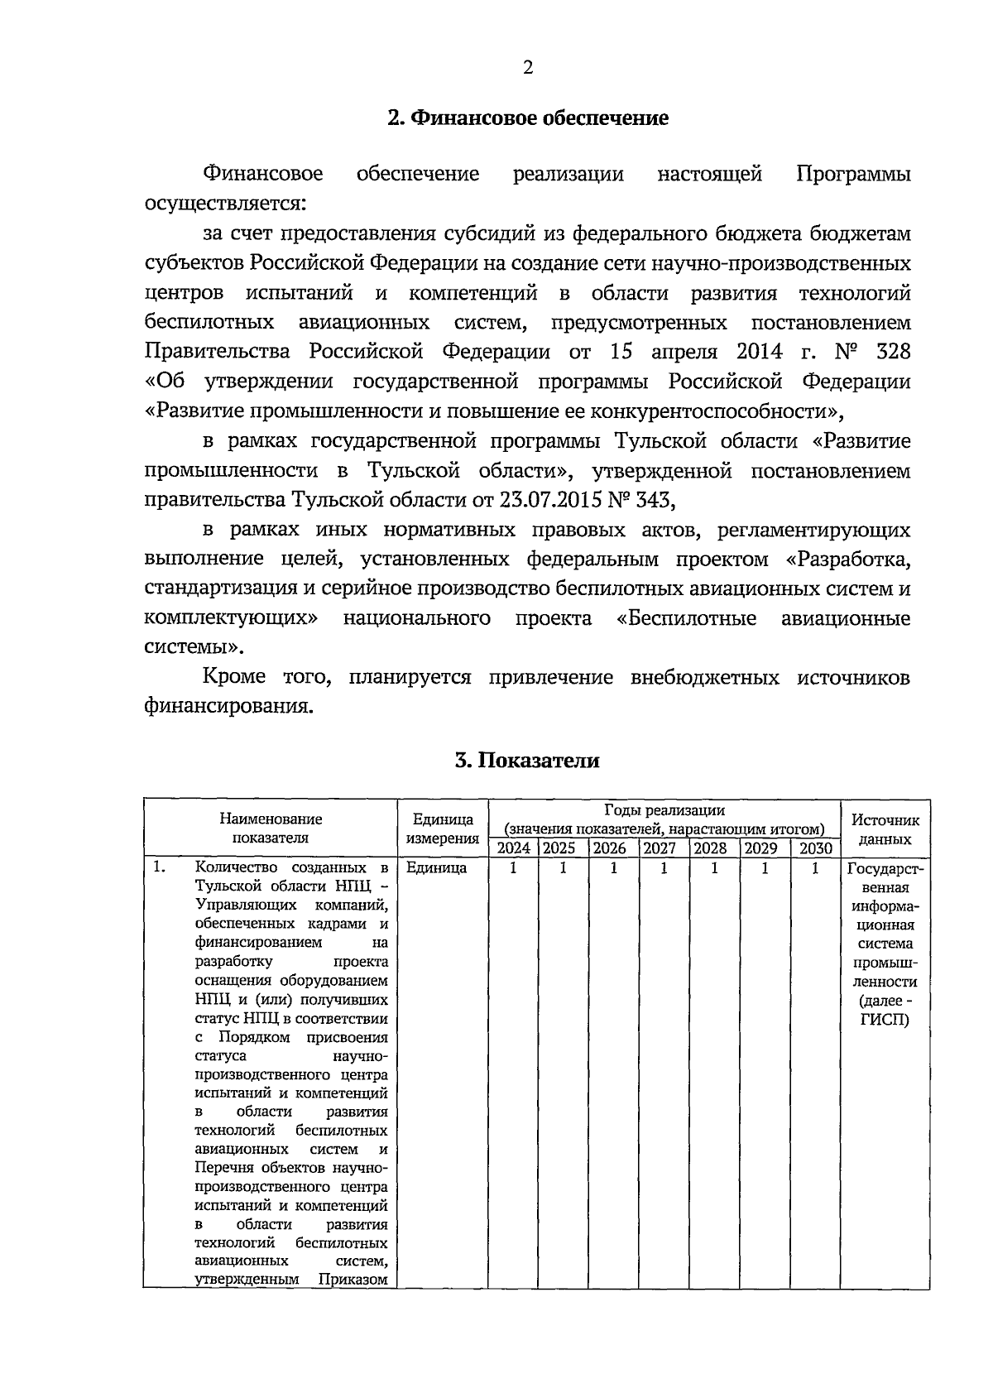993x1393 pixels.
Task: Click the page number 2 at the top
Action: pyautogui.click(x=528, y=68)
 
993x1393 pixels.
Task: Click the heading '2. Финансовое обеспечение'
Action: pyautogui.click(x=528, y=118)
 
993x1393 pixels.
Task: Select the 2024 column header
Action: pyautogui.click(x=513, y=848)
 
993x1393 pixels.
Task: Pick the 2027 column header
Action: pyautogui.click(x=660, y=848)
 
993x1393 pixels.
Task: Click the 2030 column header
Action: pyautogui.click(x=815, y=848)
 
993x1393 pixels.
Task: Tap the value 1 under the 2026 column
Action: pyautogui.click(x=613, y=868)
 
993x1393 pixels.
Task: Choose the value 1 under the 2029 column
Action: pyautogui.click(x=765, y=868)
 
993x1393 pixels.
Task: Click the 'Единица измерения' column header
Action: pyautogui.click(x=444, y=829)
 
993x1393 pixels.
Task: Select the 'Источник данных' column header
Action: pyautogui.click(x=885, y=829)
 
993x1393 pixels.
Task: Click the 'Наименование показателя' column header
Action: pyautogui.click(x=271, y=828)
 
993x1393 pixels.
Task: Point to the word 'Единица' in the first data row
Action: pyautogui.click(x=436, y=868)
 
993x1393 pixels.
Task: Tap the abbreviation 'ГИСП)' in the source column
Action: pyautogui.click(x=885, y=1020)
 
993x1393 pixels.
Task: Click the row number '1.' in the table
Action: pyautogui.click(x=161, y=868)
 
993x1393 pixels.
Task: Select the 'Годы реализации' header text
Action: pyautogui.click(x=664, y=810)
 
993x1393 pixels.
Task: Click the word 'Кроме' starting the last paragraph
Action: pyautogui.click(x=234, y=678)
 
